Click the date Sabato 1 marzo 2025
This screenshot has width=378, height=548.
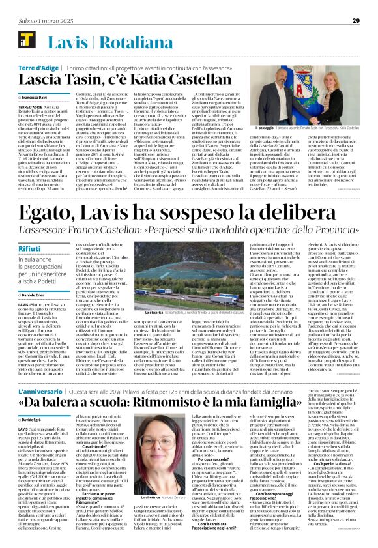point(38,20)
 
